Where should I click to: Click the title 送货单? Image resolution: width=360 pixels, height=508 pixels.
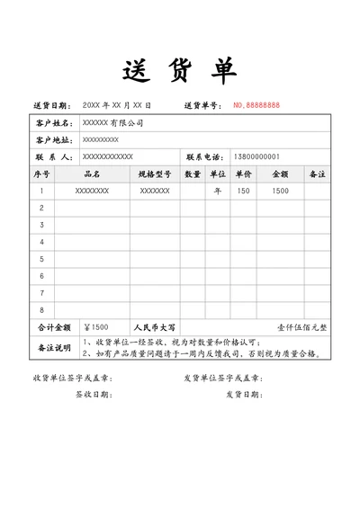point(179,69)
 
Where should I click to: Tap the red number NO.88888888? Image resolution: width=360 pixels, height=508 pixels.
point(256,105)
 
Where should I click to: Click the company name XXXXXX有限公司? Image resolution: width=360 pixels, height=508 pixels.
point(112,122)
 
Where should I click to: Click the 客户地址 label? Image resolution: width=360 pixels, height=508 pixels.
point(52,139)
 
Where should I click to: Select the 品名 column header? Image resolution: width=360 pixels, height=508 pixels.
point(92,174)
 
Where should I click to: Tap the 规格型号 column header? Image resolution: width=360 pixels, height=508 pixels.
point(154,174)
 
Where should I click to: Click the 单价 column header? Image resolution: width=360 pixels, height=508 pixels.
point(243,174)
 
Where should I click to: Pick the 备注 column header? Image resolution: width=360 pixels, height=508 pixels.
point(317,174)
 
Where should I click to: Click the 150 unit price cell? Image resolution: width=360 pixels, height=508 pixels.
point(243,191)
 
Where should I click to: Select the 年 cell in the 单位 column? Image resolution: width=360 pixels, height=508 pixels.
point(217,191)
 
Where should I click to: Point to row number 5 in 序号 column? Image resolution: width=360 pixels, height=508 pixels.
point(42,259)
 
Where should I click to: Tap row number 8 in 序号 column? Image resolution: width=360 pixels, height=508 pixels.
point(42,310)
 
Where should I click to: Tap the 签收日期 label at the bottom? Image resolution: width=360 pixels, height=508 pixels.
point(92,394)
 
